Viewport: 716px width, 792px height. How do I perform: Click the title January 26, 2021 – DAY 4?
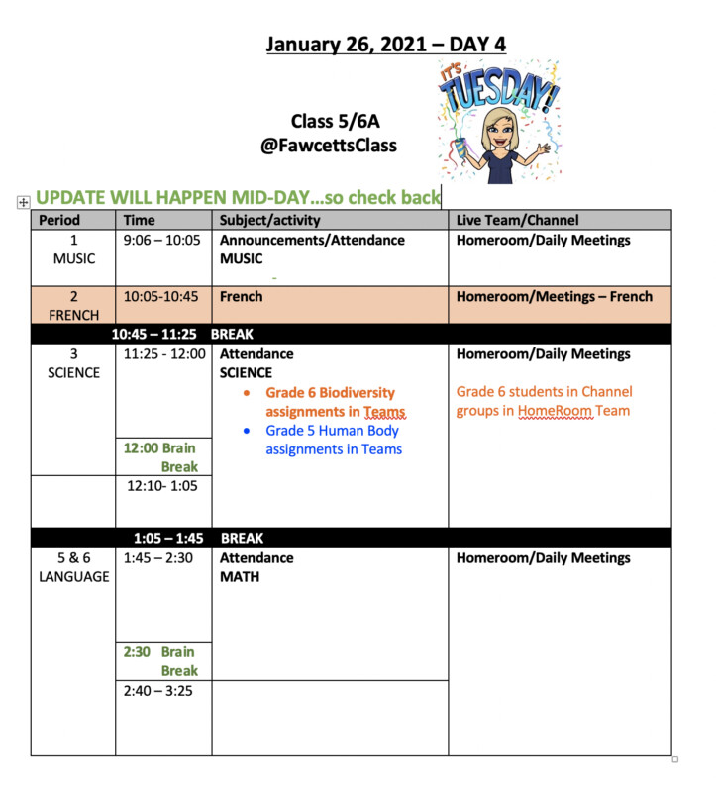click(x=386, y=46)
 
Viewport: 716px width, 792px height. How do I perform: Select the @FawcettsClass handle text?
click(x=328, y=146)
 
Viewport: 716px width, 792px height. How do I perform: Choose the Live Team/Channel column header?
click(x=517, y=220)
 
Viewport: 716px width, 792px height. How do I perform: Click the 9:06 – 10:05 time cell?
click(x=161, y=241)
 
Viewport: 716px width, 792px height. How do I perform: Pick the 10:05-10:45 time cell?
click(x=161, y=296)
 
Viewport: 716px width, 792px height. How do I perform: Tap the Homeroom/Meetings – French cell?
click(x=554, y=296)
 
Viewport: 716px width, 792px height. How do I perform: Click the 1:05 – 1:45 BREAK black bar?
click(x=198, y=539)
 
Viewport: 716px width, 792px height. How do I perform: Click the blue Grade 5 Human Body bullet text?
click(x=333, y=440)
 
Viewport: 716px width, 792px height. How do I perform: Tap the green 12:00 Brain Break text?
click(x=161, y=457)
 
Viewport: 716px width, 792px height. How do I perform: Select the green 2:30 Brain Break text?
click(x=161, y=661)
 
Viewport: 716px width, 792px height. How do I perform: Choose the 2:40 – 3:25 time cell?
click(x=158, y=691)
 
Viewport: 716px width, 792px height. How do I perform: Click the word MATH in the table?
click(x=240, y=577)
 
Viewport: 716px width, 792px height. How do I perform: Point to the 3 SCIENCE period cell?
click(x=73, y=363)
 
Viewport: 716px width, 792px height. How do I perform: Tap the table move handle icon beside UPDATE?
click(x=24, y=202)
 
